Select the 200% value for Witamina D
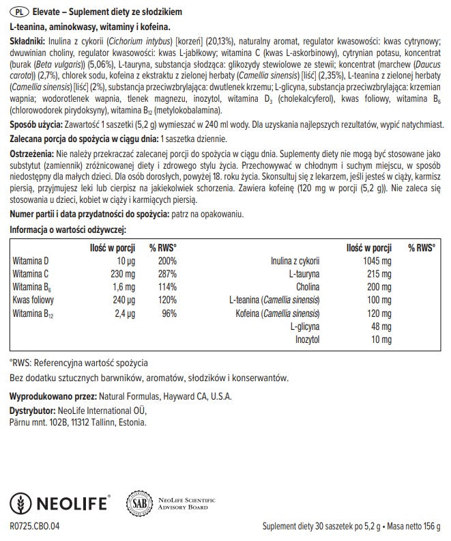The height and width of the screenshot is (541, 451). [167, 262]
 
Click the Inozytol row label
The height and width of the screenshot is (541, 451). [306, 339]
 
